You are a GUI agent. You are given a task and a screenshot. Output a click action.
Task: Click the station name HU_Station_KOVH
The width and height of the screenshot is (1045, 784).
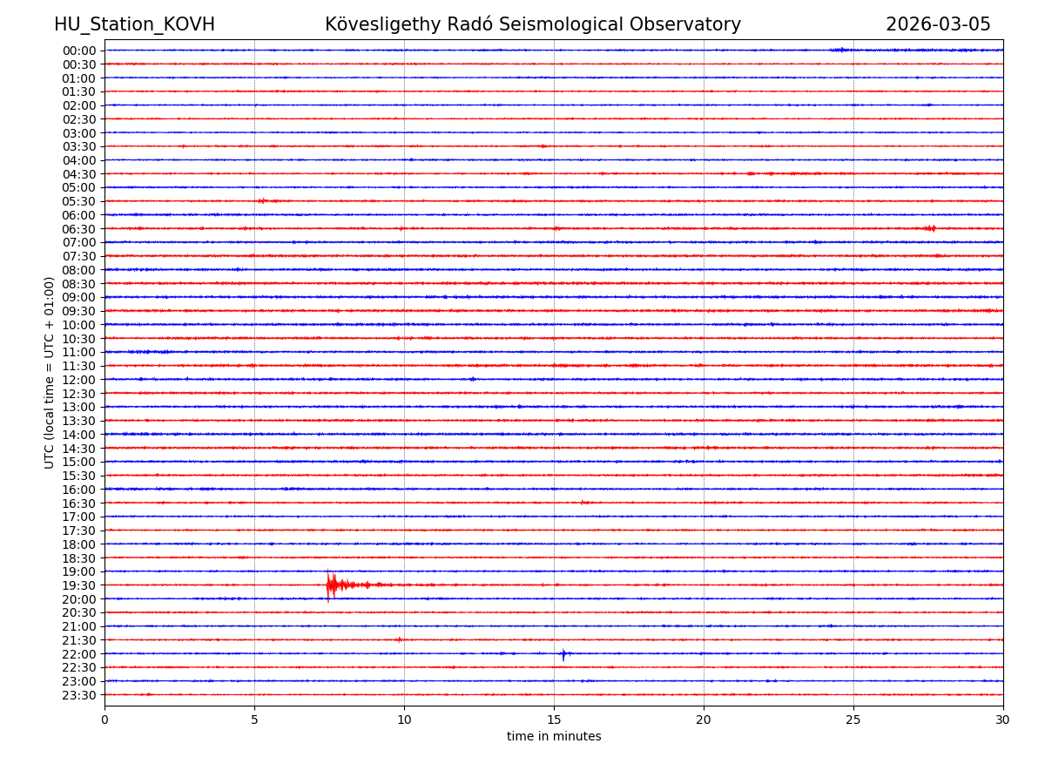134,24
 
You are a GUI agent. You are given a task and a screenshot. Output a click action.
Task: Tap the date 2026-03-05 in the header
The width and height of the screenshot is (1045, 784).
938,24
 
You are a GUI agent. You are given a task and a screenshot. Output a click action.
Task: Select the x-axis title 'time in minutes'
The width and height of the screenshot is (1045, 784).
554,736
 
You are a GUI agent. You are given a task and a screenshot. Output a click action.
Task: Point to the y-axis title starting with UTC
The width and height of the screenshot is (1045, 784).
50,372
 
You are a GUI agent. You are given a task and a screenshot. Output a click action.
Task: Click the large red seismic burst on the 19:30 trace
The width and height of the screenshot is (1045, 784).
332,585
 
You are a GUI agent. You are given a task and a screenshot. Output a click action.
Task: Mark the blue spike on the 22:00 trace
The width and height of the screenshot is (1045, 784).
563,653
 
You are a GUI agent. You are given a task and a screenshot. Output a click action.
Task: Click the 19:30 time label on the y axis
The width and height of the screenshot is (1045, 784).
79,585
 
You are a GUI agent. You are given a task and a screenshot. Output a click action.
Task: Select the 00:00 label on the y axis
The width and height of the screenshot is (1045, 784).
79,51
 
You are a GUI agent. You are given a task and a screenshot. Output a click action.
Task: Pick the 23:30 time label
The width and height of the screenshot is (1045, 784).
79,695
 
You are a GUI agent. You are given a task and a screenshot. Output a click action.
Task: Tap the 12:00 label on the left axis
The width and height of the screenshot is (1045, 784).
79,380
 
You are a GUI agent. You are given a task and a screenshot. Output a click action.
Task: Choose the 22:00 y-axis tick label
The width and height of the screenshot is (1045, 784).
79,654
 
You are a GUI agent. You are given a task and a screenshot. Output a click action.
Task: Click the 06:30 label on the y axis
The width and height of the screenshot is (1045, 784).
79,229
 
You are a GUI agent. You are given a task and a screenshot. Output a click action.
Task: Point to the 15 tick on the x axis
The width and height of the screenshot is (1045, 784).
554,720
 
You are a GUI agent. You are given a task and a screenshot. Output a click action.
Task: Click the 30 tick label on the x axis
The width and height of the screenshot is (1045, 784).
1003,720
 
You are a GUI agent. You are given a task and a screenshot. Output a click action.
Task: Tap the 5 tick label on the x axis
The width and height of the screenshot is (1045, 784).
254,720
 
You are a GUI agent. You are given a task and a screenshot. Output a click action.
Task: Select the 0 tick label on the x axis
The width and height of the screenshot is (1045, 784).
104,720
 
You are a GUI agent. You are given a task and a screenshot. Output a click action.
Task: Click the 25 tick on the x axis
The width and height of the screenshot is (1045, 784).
853,720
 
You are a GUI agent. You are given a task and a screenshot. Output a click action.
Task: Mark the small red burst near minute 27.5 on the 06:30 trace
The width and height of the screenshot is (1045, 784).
930,228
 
